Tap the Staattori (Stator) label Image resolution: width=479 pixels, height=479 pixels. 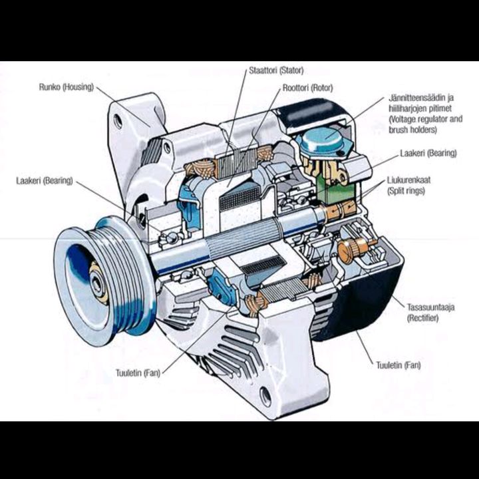coord(275,70)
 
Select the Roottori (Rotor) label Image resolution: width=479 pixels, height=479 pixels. coord(307,87)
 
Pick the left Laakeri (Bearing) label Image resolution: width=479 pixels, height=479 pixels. coord(44,180)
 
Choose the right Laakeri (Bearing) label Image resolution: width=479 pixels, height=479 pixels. coord(428,153)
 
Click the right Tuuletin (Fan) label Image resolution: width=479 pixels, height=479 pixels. coord(398,365)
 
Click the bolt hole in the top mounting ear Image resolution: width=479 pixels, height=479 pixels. coord(118,122)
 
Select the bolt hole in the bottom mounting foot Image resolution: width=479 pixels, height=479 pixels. coord(265,397)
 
